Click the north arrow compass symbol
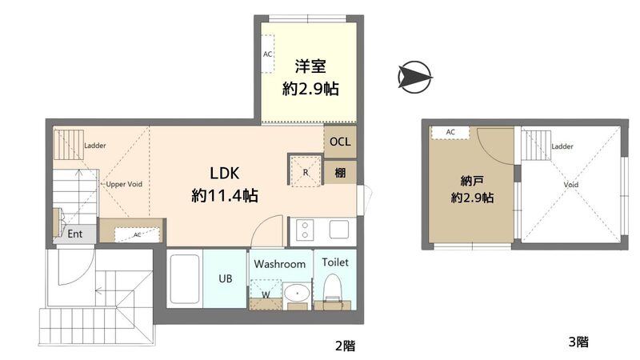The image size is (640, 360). (x=414, y=77)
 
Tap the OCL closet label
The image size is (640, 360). (x=340, y=142)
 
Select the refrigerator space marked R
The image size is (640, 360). (x=306, y=171)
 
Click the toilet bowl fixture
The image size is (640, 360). (x=332, y=287)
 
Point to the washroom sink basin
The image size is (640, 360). (x=297, y=293)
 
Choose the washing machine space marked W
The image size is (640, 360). (x=266, y=294)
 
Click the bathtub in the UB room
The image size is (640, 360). (x=185, y=278)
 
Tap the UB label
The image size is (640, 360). (x=226, y=278)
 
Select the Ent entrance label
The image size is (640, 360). (x=74, y=234)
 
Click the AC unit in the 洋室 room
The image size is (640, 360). (x=268, y=54)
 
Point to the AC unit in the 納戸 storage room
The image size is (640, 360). (x=450, y=133)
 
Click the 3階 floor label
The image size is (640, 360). (x=578, y=342)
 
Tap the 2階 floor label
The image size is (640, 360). (x=346, y=346)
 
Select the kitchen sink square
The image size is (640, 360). (x=339, y=230)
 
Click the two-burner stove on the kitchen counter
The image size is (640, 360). (x=305, y=230)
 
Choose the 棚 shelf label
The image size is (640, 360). (x=341, y=173)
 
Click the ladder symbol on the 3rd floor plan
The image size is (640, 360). (x=536, y=146)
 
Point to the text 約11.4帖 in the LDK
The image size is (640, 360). (x=225, y=196)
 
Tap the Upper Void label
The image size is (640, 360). (x=124, y=184)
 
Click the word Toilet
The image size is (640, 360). (x=335, y=262)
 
